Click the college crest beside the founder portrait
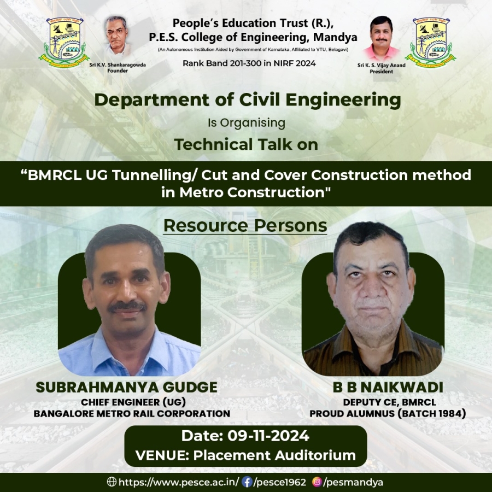[65, 42]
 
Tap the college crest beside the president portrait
[431, 42]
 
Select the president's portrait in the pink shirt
[381, 38]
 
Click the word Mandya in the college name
[335, 37]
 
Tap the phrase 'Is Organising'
[247, 123]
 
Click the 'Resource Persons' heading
[245, 226]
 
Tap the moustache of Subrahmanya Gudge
[127, 307]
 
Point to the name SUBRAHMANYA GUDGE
[126, 387]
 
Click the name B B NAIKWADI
[388, 387]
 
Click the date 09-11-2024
[268, 436]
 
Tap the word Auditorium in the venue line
[315, 455]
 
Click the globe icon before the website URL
[112, 482]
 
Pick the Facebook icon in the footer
[247, 482]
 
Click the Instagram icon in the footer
[317, 482]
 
